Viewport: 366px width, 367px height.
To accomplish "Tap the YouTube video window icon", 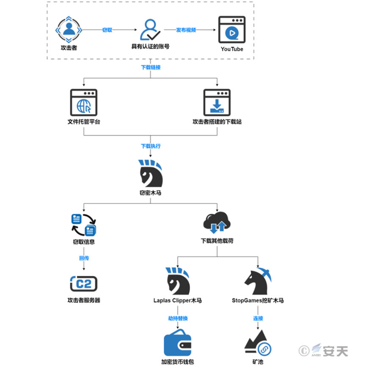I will pos(232,30).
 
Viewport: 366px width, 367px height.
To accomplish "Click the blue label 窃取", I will pos(107,30).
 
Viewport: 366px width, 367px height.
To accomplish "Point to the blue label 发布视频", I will pos(186,30).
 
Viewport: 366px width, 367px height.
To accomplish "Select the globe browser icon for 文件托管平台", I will pos(84,102).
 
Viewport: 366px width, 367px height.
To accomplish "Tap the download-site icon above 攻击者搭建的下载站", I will pos(217,102).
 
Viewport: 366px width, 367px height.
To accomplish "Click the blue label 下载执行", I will pos(151,146).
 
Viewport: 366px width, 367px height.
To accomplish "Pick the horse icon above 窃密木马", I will pos(151,174).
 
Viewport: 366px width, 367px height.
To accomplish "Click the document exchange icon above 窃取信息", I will pos(84,225).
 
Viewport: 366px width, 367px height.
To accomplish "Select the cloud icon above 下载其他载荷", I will pos(217,224).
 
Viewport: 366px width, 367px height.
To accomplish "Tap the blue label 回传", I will pos(84,258).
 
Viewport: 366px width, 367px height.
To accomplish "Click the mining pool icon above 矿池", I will pos(257,342).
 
